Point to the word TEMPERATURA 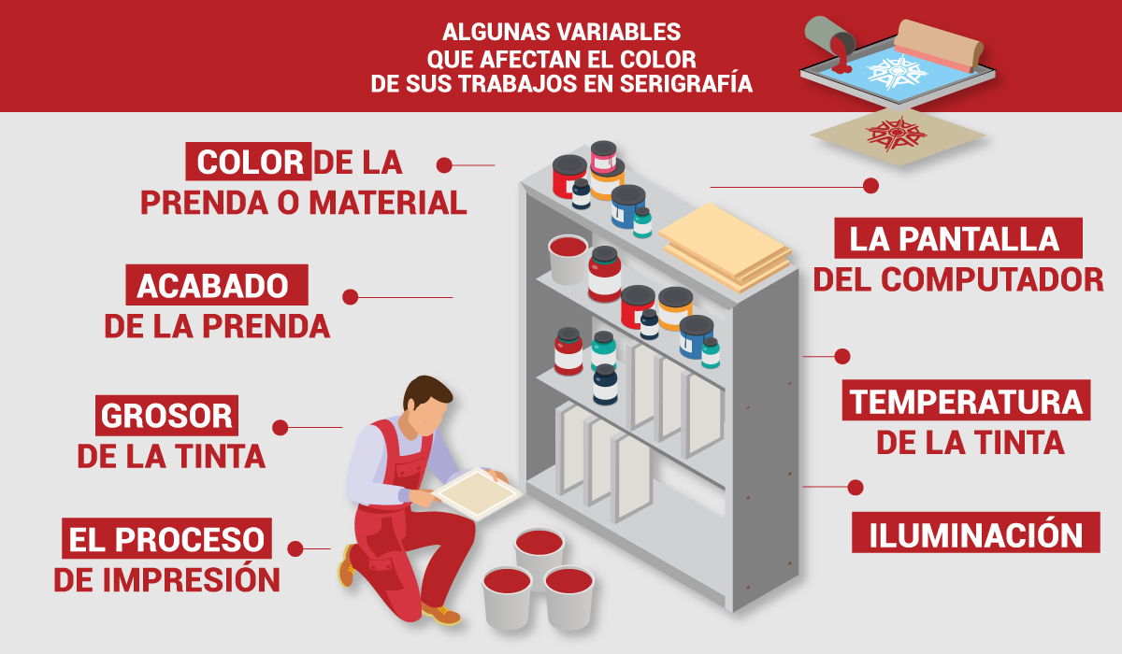(x=966, y=402)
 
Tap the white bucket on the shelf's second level (x=568, y=258)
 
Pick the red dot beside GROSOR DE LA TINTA (x=280, y=428)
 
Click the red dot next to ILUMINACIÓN (x=855, y=487)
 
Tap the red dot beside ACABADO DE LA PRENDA (x=351, y=297)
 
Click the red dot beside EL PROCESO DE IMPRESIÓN (x=295, y=548)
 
